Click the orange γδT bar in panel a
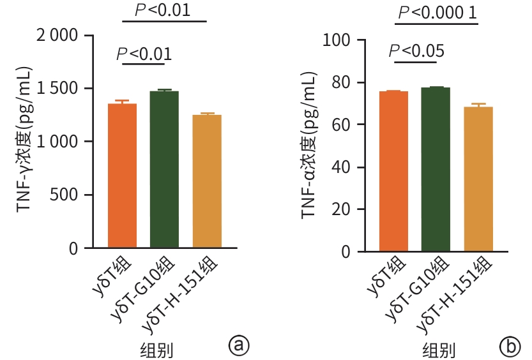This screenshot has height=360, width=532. coord(122,176)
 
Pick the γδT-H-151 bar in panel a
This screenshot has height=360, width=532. coord(207,181)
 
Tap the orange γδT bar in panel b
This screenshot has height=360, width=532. coord(393,172)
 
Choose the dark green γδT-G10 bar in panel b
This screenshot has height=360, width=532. coord(436,170)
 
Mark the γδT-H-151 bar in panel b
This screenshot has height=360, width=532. coord(478,179)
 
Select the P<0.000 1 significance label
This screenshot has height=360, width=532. coord(436,12)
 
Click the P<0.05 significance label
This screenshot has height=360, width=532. coord(416,50)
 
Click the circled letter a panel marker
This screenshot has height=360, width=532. coord(238,345)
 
